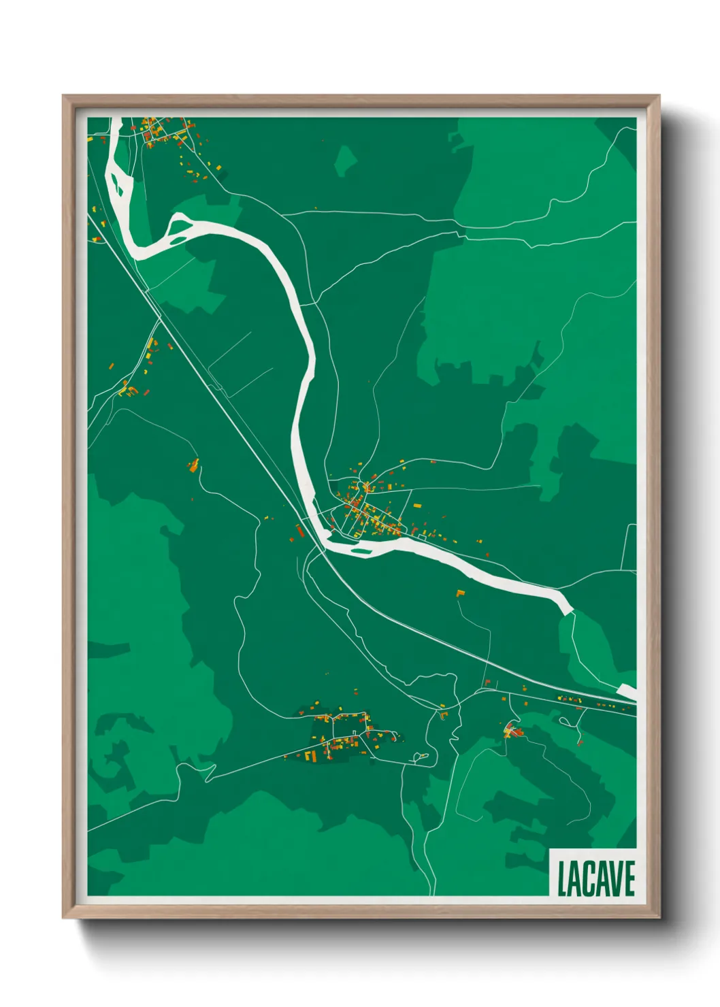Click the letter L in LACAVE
click(x=563, y=879)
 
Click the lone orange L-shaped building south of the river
click(x=460, y=593)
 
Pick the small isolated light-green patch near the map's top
click(x=346, y=161)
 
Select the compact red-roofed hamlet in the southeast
click(x=512, y=732)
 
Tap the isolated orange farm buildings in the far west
click(x=194, y=465)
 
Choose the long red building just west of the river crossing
click(x=299, y=529)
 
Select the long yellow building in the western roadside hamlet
click(x=149, y=354)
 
